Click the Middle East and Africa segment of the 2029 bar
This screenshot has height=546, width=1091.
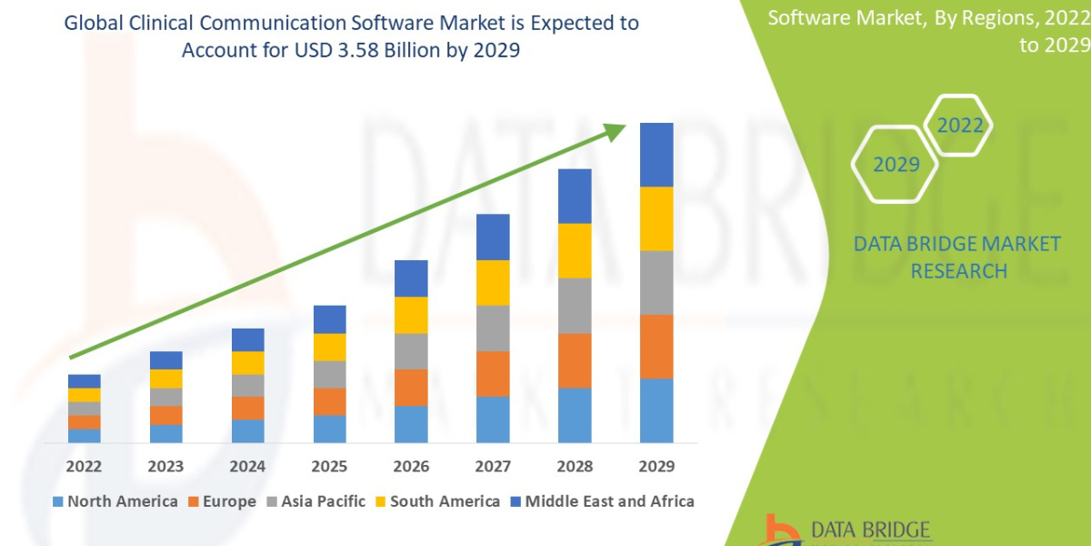pos(656,155)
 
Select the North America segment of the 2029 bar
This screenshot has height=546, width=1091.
pos(656,410)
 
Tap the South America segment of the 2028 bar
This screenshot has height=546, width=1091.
pos(575,250)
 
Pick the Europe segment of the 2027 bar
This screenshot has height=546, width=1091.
pos(493,373)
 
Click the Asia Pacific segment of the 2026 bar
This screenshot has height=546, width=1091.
pos(411,350)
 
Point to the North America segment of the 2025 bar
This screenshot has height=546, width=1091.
pos(329,429)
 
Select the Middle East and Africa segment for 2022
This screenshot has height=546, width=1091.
pos(84,380)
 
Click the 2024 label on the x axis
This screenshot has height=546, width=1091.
pos(247,467)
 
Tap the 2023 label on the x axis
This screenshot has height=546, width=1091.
pos(165,467)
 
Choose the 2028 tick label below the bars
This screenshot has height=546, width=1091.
pos(575,467)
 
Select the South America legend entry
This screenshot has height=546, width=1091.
pos(445,501)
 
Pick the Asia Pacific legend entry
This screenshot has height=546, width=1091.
pos(323,501)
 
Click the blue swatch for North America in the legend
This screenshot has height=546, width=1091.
pos(59,501)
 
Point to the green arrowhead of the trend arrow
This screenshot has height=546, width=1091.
pos(616,133)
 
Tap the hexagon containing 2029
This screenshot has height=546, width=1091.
pos(896,164)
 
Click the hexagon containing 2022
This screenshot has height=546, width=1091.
pos(959,126)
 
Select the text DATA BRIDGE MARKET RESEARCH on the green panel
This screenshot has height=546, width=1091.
pos(957,257)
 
